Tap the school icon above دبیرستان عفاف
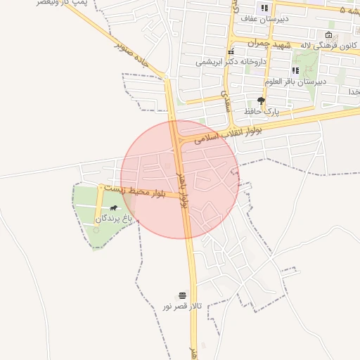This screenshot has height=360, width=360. click(264, 8)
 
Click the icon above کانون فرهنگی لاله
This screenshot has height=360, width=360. click(329, 35)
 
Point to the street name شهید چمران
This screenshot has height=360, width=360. click(274, 44)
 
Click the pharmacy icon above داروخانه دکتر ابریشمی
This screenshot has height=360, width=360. click(230, 52)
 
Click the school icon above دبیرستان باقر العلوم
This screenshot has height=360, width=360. click(295, 70)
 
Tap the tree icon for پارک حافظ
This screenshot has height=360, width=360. click(262, 101)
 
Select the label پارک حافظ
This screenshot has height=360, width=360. click(262, 112)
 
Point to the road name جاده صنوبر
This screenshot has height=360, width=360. click(135, 61)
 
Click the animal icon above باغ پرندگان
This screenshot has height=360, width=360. click(114, 208)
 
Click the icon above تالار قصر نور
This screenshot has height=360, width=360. click(183, 295)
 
